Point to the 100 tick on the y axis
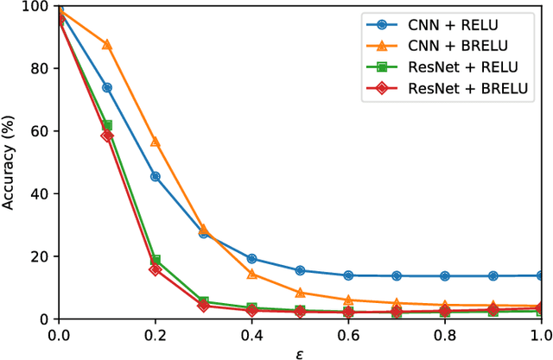point(35,7)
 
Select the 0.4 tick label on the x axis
point(251,334)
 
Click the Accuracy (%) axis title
point(11,162)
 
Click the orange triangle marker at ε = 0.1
point(107,44)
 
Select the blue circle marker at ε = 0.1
point(107,87)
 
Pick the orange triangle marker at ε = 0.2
point(156,142)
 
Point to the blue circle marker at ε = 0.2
point(156,176)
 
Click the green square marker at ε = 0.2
point(156,260)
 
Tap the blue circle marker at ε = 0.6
point(348,275)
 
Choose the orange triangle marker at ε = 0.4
point(251,274)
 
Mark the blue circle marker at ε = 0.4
point(251,258)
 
